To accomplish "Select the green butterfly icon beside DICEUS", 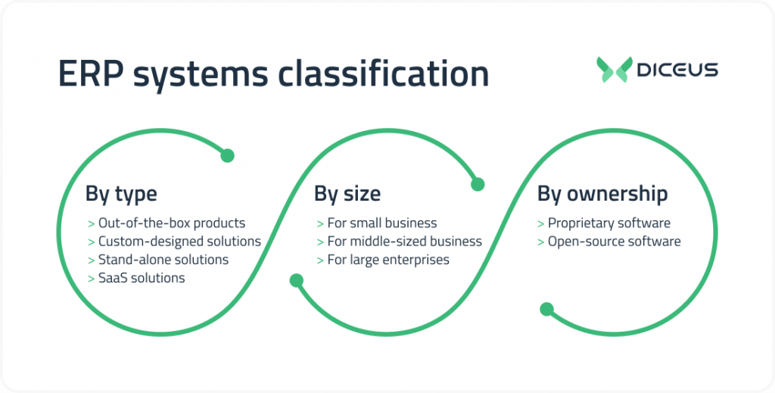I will tap(612, 70).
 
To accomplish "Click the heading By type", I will tap(121, 194).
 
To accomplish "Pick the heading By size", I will tap(347, 194).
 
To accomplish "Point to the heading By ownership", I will tap(602, 194).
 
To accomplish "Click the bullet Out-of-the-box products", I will tap(171, 223).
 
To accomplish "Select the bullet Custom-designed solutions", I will tap(179, 242).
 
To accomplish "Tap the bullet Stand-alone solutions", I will tap(163, 260).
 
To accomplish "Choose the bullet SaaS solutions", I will tap(142, 278).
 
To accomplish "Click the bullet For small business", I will tap(381, 223).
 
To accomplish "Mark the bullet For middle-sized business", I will tap(404, 242).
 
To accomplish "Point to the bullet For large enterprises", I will tap(387, 260).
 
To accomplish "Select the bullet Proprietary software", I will tap(608, 223).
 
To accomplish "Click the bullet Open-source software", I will tap(614, 242).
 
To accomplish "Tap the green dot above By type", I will tap(227, 156).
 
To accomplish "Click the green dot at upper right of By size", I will tap(478, 184).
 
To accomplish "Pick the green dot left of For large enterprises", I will tap(297, 281).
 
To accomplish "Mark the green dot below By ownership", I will tap(546, 309).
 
